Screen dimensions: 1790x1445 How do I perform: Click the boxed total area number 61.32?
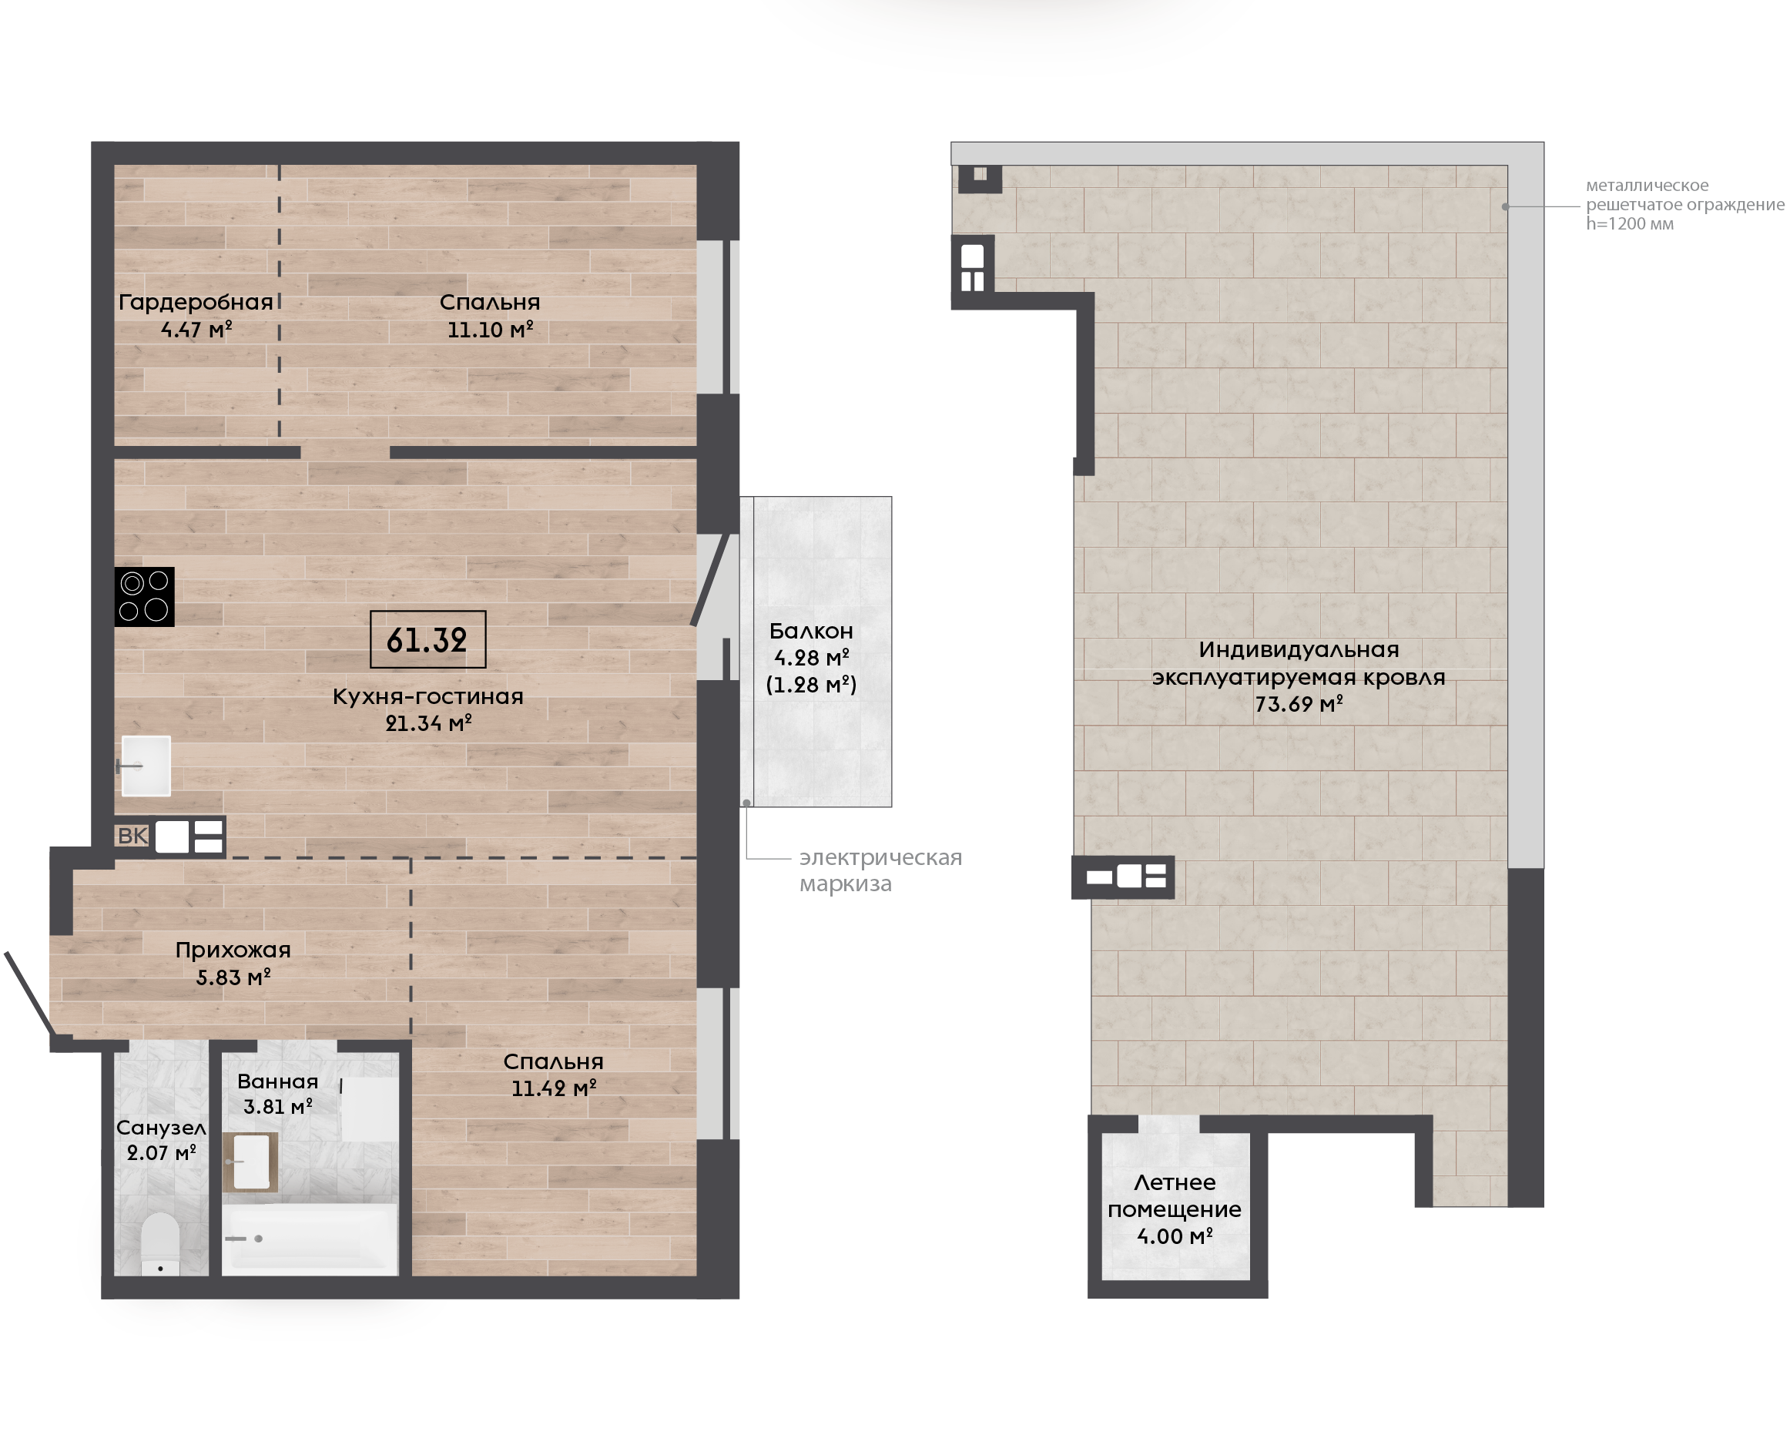coord(427,639)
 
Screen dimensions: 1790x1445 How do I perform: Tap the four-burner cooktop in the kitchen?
coord(144,597)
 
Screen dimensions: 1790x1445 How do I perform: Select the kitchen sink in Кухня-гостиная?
coord(146,766)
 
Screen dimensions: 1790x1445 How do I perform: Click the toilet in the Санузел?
coord(161,1243)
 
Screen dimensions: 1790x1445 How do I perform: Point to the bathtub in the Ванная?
coord(310,1239)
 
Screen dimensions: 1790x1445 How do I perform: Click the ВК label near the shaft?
coord(132,836)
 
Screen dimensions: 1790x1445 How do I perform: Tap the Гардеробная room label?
coord(196,302)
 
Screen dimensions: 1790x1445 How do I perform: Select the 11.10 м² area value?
coord(490,330)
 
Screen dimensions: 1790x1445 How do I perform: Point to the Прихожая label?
coord(233,950)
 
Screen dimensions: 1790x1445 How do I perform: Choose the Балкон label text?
coord(811,631)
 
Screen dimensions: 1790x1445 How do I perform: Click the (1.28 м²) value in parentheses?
coord(811,684)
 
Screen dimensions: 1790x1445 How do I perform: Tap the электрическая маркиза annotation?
coord(880,870)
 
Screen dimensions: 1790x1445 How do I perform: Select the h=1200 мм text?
coord(1629,223)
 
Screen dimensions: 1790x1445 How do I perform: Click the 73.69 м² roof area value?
coord(1299,704)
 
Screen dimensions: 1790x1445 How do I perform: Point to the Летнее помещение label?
coord(1174,1195)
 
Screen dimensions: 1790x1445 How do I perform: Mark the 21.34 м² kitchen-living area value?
coord(428,723)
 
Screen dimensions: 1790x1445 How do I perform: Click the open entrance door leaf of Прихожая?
coord(29,994)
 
